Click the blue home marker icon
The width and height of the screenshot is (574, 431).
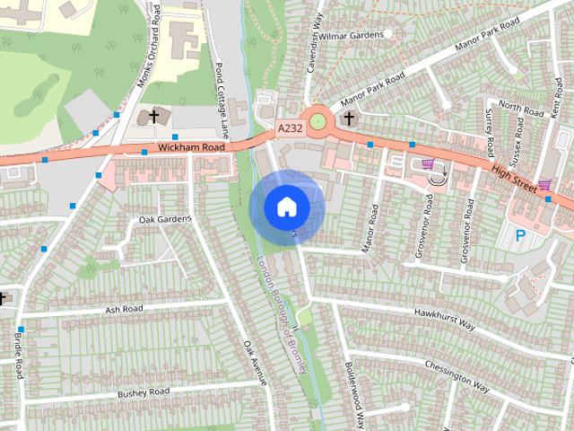click(x=286, y=207)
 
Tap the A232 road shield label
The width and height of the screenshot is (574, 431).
click(x=290, y=129)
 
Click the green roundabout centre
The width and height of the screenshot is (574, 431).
click(x=317, y=119)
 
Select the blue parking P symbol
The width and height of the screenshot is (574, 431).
click(x=520, y=236)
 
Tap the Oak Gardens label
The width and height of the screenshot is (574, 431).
click(x=165, y=219)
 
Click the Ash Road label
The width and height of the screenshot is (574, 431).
click(x=124, y=309)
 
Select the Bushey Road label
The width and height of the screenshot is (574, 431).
click(x=143, y=392)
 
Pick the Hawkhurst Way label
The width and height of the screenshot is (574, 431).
click(x=444, y=320)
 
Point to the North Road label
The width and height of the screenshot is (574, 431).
click(x=521, y=110)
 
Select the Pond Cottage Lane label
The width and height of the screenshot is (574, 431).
click(x=221, y=99)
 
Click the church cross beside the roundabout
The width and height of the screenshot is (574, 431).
click(x=349, y=118)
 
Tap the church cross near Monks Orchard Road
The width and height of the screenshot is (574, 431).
click(x=153, y=117)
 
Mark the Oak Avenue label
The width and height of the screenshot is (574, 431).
click(x=256, y=363)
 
